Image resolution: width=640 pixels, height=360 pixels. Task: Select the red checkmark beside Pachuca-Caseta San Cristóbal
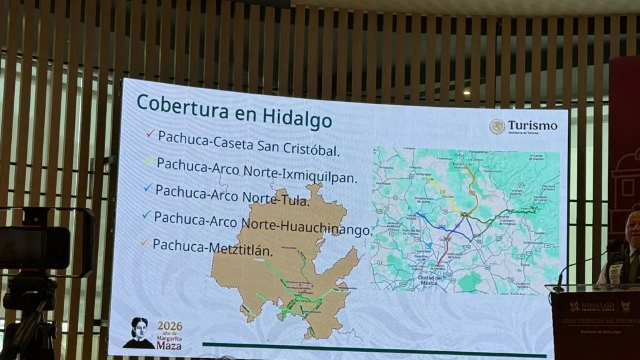coord(149,133)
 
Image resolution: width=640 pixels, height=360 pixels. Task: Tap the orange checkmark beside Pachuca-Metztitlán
coord(145,241)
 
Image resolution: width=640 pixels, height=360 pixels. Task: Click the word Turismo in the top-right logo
coord(532,126)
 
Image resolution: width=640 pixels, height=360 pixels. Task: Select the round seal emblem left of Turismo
coord(497,126)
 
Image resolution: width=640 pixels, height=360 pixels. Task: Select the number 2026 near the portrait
coord(169,326)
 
